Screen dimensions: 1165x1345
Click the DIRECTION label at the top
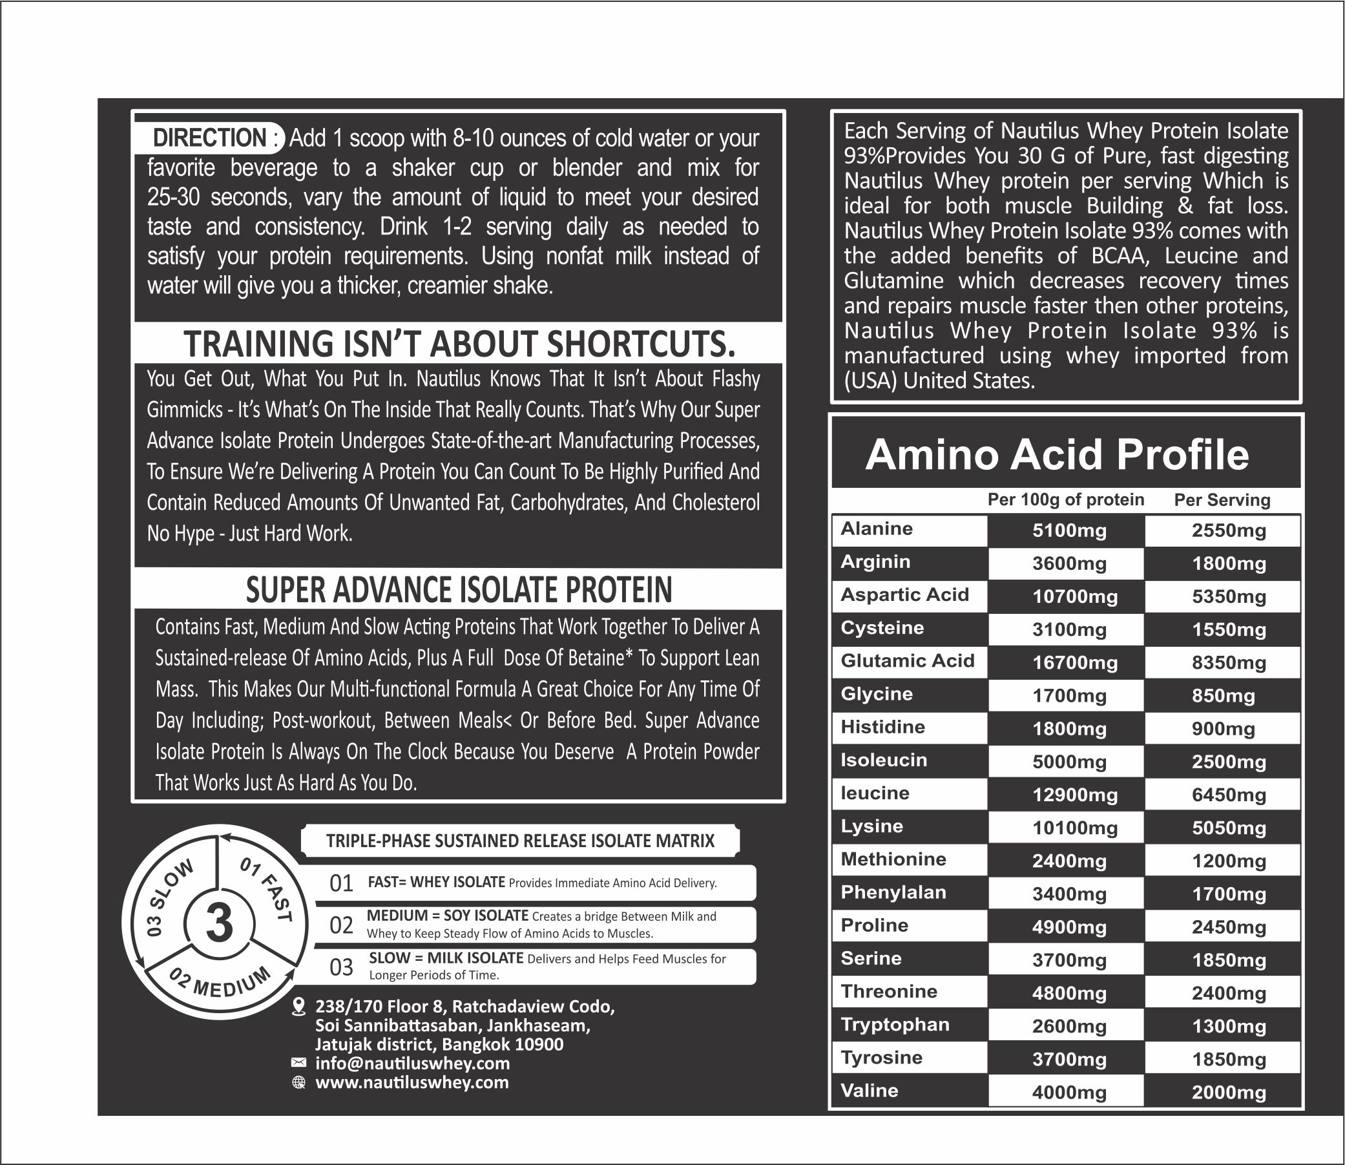[209, 138]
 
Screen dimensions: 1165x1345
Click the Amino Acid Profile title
[1056, 454]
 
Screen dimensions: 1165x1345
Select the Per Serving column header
[1222, 500]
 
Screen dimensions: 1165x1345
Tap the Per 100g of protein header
[1065, 500]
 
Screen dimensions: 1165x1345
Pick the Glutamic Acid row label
[907, 660]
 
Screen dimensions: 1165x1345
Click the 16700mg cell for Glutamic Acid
[1074, 663]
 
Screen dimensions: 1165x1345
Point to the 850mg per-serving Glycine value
[1223, 697]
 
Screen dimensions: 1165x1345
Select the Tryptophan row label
[895, 1025]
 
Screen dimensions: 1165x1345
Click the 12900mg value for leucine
[1074, 795]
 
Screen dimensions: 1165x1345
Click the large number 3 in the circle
[219, 923]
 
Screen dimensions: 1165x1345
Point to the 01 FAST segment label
[267, 889]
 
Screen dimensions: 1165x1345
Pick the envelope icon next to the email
[298, 1063]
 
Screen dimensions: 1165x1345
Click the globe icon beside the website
[298, 1082]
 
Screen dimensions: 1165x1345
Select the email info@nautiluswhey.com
[412, 1064]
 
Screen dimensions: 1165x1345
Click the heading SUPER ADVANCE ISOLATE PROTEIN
[459, 590]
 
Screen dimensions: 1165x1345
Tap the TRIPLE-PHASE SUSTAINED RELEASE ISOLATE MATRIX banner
[520, 841]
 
